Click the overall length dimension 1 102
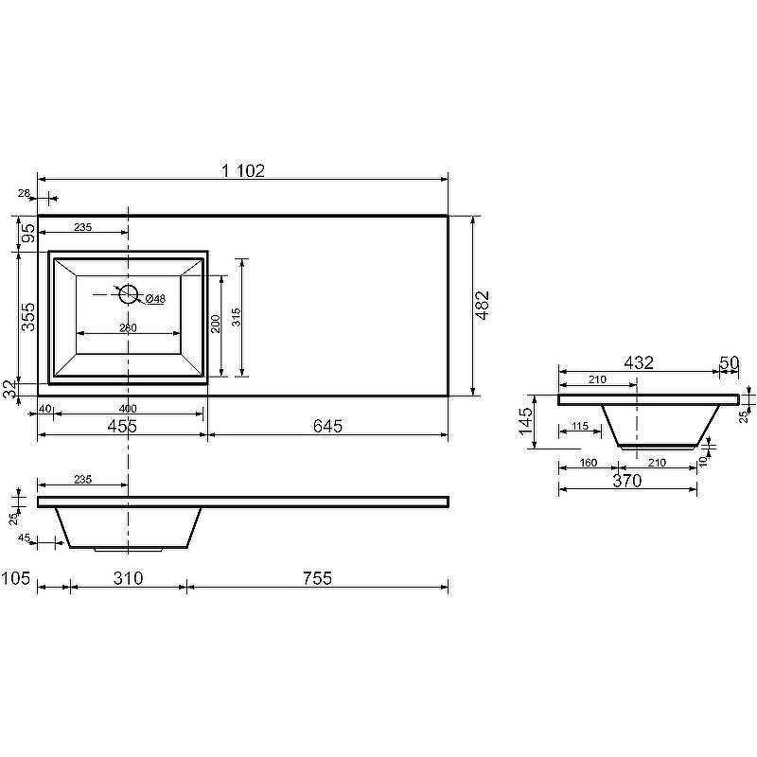tap(243, 171)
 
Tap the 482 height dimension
tap(483, 306)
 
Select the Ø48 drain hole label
tap(155, 299)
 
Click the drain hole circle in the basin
tap(129, 293)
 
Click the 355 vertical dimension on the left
tap(28, 316)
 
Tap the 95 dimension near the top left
tap(28, 234)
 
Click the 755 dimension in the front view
tap(318, 578)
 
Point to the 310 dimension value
tap(128, 578)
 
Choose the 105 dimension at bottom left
tap(17, 578)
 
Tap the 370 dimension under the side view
tap(626, 481)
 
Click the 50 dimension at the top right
tap(729, 362)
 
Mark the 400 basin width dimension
tap(128, 408)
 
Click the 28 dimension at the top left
tap(25, 193)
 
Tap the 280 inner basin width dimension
tap(128, 327)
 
